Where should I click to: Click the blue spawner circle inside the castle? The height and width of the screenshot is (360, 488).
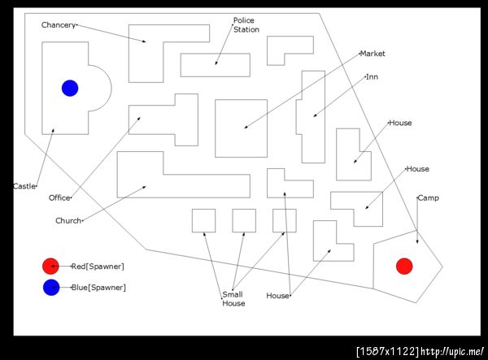pos(70,89)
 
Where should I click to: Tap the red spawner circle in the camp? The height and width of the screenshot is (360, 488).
pos(404,266)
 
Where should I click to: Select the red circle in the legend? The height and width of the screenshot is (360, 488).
pos(50,266)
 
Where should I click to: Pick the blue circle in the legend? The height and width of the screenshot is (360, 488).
pos(51,287)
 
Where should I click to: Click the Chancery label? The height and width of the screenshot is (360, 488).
pos(59,25)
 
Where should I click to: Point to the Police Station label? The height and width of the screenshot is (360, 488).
pos(246,25)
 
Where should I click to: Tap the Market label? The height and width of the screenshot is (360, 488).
pos(373,54)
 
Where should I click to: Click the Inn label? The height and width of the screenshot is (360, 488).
pos(373,76)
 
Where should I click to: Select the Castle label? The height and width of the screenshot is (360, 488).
pos(24,186)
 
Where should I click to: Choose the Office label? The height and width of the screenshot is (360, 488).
pos(59,197)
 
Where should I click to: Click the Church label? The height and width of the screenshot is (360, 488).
pos(68,220)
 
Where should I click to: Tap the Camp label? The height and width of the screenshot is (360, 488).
pos(429,197)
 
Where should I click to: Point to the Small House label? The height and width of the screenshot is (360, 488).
pos(233,299)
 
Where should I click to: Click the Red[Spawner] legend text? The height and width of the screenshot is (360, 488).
pos(98,267)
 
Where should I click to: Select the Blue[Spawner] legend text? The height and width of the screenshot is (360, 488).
pos(98,288)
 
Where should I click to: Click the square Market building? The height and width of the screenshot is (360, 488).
pos(242,128)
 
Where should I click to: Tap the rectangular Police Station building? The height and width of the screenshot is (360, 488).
pos(216,65)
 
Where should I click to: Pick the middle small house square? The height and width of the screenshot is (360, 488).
pos(244,221)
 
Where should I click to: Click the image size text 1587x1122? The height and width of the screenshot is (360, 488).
pos(388,351)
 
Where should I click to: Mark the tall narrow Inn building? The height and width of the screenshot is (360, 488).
pos(313,117)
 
